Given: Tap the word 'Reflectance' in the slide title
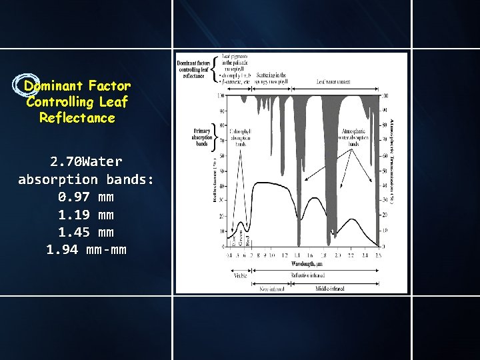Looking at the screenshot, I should (77, 118).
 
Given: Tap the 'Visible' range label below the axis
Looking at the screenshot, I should (240, 275).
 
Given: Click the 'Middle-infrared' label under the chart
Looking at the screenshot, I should (331, 289).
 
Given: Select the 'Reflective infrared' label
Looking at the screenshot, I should (308, 275).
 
